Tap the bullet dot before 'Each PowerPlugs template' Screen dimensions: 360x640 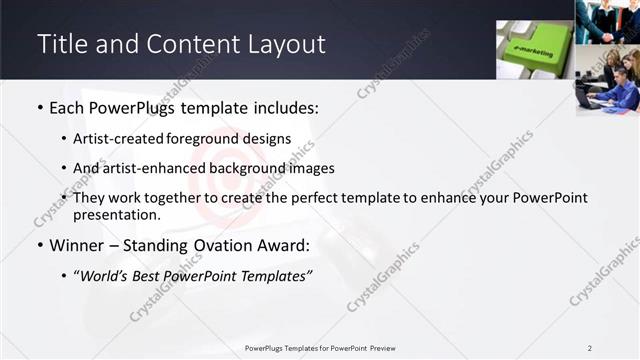pyautogui.click(x=39, y=105)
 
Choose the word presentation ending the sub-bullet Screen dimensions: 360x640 pyautogui.click(x=115, y=214)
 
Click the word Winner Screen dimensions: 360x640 pyautogui.click(x=78, y=244)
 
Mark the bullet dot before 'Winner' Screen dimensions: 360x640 pyautogui.click(x=39, y=244)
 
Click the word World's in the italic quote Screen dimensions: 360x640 pyautogui.click(x=107, y=276)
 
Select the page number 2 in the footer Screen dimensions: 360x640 pyautogui.click(x=590, y=347)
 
